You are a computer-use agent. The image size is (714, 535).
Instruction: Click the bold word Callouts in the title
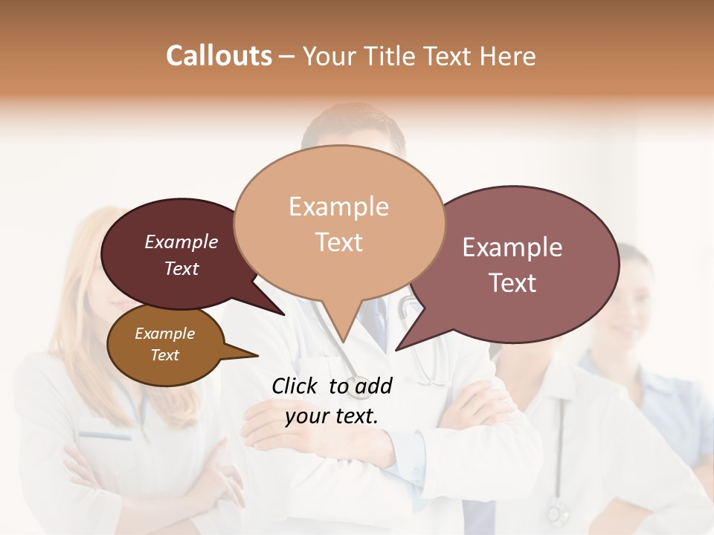coord(219,56)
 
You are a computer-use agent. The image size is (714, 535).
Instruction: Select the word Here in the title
coord(507,56)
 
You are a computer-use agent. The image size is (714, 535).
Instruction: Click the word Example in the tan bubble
coord(338,207)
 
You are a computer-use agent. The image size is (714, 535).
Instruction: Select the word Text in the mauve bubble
coord(512,282)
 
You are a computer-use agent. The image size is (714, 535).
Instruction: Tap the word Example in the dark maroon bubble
coord(181,241)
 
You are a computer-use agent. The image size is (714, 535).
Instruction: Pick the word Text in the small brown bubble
coord(164,355)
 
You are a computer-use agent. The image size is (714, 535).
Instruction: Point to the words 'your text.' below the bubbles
coord(332,416)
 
